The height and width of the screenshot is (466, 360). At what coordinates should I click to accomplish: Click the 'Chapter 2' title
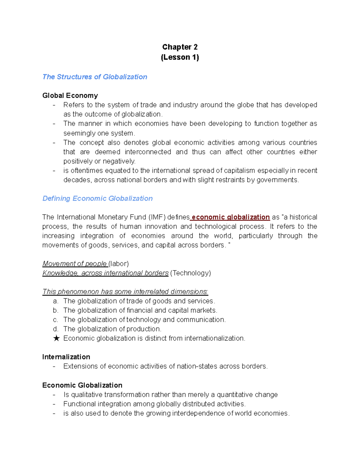pos(180,47)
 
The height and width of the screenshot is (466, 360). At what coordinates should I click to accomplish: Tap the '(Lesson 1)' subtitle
pos(180,57)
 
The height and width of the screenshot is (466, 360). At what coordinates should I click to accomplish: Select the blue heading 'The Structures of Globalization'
pos(95,77)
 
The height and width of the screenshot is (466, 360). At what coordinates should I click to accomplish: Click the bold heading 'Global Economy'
pos(70,95)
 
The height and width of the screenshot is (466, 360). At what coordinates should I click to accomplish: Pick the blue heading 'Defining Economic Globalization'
pos(97,198)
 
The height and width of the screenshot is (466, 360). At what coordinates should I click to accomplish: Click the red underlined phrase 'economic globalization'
pos(230,217)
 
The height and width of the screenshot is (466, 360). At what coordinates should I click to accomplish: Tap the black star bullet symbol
pos(56,338)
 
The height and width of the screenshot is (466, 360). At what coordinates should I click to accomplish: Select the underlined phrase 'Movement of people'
pos(75,264)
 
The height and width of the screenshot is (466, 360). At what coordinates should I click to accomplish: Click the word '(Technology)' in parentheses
pos(190,273)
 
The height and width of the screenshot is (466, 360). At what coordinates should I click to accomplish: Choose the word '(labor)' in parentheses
pos(119,264)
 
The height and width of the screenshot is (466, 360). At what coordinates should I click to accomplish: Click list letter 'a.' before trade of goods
pos(55,301)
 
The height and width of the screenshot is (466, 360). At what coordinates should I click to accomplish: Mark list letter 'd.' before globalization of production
pos(55,329)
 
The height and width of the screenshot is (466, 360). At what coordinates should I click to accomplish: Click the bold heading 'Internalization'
pos(66,357)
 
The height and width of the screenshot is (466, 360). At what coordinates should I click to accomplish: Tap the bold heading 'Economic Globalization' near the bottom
pos(82,385)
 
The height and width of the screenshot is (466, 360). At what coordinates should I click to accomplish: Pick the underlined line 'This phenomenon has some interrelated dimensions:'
pos(125,292)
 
